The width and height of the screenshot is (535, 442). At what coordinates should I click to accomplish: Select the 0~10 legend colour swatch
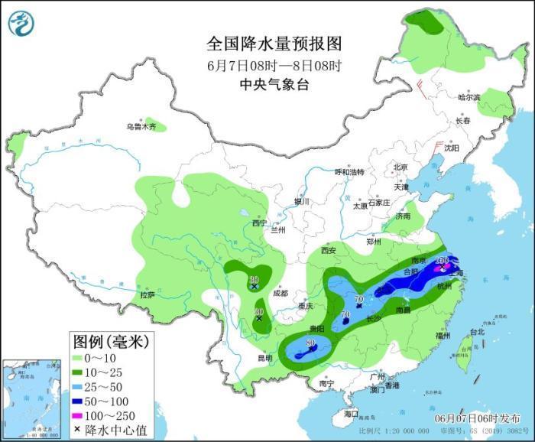point(81,358)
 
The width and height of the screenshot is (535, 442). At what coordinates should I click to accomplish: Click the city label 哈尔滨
point(469,97)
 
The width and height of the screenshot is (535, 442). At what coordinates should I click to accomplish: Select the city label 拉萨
point(148,294)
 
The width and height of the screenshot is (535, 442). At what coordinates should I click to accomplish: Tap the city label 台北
point(476,332)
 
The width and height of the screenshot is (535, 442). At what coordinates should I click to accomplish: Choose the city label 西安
point(329,250)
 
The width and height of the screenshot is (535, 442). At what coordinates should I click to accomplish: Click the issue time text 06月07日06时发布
point(477,418)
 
